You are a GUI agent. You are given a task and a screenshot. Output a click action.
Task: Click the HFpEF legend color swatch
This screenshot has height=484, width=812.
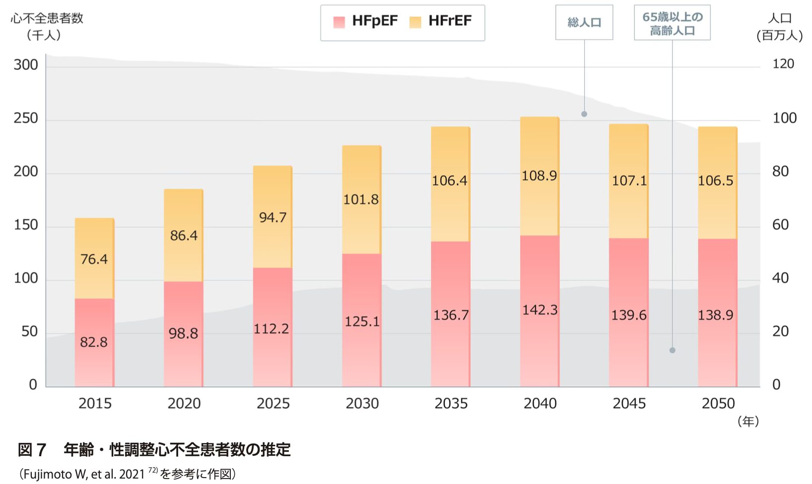click(339, 22)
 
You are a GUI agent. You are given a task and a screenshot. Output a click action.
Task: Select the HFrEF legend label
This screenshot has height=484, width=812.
click(450, 21)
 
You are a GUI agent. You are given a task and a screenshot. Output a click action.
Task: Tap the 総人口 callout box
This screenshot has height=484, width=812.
click(584, 22)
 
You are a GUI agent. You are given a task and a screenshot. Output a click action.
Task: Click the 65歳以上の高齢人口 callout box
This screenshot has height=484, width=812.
click(672, 23)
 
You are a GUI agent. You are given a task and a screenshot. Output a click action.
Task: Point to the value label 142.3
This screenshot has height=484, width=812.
click(540, 310)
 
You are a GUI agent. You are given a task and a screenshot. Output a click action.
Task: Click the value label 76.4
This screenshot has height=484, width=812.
click(94, 259)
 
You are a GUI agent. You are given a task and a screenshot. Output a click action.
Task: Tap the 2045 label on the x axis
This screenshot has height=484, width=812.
click(629, 404)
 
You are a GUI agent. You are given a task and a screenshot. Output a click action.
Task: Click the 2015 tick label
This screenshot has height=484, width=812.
click(95, 404)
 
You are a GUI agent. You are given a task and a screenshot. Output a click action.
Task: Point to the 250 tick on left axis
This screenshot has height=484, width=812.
click(26, 119)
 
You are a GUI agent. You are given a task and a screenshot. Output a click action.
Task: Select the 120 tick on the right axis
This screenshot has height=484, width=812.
click(783, 64)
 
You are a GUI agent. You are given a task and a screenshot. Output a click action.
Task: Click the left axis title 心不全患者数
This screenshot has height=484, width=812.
click(47, 18)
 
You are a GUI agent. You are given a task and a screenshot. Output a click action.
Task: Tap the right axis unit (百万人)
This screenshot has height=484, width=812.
click(779, 35)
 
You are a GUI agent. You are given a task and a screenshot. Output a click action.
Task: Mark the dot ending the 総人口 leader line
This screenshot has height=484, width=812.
click(584, 114)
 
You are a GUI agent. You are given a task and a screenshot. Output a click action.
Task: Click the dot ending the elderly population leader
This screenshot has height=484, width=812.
click(673, 350)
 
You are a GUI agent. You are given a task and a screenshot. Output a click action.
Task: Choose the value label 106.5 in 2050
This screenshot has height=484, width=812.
click(715, 181)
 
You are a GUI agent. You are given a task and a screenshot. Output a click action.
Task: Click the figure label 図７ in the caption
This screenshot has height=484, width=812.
click(32, 450)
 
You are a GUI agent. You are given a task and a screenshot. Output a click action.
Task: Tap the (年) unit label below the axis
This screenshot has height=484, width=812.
click(748, 422)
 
